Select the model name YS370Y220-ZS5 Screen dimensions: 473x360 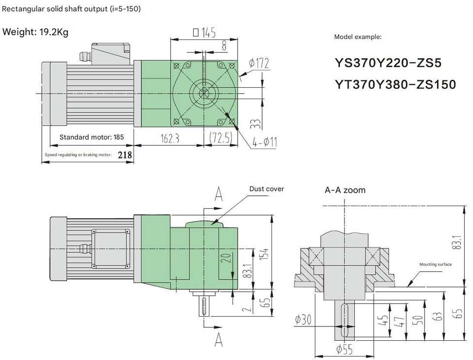(388, 63)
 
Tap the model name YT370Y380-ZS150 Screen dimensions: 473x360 (395, 84)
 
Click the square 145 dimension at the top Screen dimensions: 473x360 (204, 32)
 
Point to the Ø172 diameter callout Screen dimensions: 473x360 (259, 63)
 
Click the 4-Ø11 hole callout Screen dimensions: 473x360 (265, 142)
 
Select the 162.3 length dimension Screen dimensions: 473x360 (170, 138)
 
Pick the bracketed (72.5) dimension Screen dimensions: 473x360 (221, 138)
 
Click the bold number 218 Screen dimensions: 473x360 (125, 155)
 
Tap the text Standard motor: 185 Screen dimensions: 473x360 (92, 137)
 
